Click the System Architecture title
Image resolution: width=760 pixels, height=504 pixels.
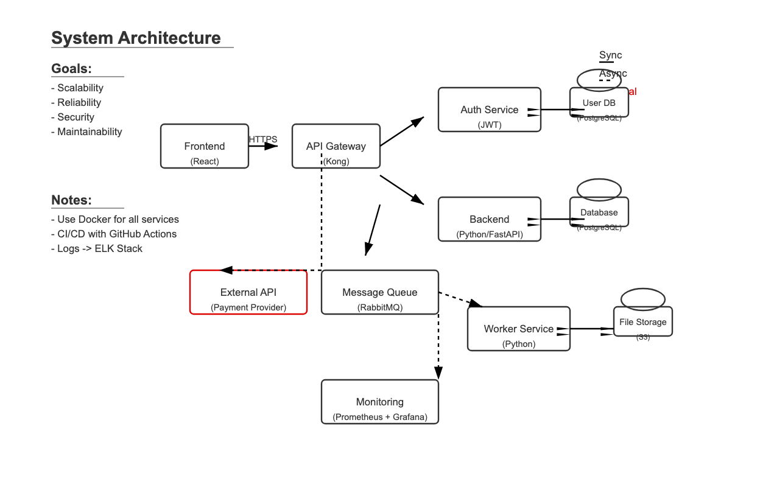pyautogui.click(x=136, y=38)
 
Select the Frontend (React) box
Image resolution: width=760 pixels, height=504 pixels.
pyautogui.click(x=205, y=146)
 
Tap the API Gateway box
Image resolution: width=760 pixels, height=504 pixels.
pyautogui.click(x=336, y=146)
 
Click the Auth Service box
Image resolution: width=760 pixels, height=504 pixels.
pyautogui.click(x=490, y=110)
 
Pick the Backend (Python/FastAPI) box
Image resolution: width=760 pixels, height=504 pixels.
pyautogui.click(x=490, y=219)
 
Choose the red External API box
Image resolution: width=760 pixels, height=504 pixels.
pyautogui.click(x=248, y=292)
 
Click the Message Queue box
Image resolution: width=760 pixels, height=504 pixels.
pyautogui.click(x=380, y=292)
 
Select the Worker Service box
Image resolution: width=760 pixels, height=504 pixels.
pyautogui.click(x=519, y=329)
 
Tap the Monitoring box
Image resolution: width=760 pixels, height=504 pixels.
pyautogui.click(x=380, y=402)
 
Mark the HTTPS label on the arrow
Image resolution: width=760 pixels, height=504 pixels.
pyautogui.click(x=263, y=139)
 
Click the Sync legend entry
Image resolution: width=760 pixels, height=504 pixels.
pyautogui.click(x=610, y=55)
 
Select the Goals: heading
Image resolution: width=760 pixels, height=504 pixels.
pyautogui.click(x=71, y=68)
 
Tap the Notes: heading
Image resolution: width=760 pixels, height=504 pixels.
pyautogui.click(x=71, y=200)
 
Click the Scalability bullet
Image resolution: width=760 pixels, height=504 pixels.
pyautogui.click(x=77, y=88)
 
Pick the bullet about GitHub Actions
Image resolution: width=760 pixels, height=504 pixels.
pyautogui.click(x=114, y=234)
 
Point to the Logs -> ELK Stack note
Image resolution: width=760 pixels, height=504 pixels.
pyautogui.click(x=97, y=248)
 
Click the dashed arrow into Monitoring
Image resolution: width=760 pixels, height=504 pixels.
pyautogui.click(x=438, y=347)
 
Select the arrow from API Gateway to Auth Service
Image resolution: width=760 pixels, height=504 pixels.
pyautogui.click(x=402, y=131)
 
